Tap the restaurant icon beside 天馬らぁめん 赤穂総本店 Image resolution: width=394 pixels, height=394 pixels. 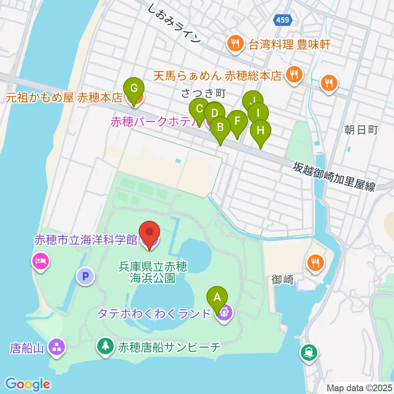pos(294,74)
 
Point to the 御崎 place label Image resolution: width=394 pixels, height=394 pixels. pos(282,280)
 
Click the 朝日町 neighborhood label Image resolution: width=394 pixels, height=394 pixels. pos(360,130)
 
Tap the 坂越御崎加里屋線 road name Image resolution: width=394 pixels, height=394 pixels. pos(334,176)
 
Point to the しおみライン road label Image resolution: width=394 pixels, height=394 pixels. pos(175,25)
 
